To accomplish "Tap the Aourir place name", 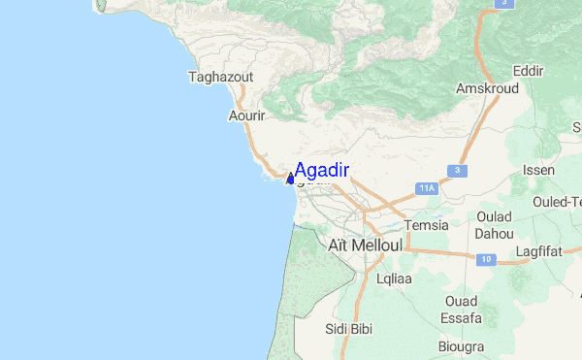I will click(x=246, y=115).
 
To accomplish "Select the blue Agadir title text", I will click(x=322, y=170).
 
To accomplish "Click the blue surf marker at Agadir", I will click(x=290, y=178).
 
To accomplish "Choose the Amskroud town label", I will click(x=486, y=88).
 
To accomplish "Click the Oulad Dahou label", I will click(x=495, y=225).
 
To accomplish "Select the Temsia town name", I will click(x=427, y=225).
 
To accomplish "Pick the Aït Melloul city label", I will click(x=365, y=245).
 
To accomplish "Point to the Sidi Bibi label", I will click(x=349, y=329).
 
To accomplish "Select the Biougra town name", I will click(x=462, y=345).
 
